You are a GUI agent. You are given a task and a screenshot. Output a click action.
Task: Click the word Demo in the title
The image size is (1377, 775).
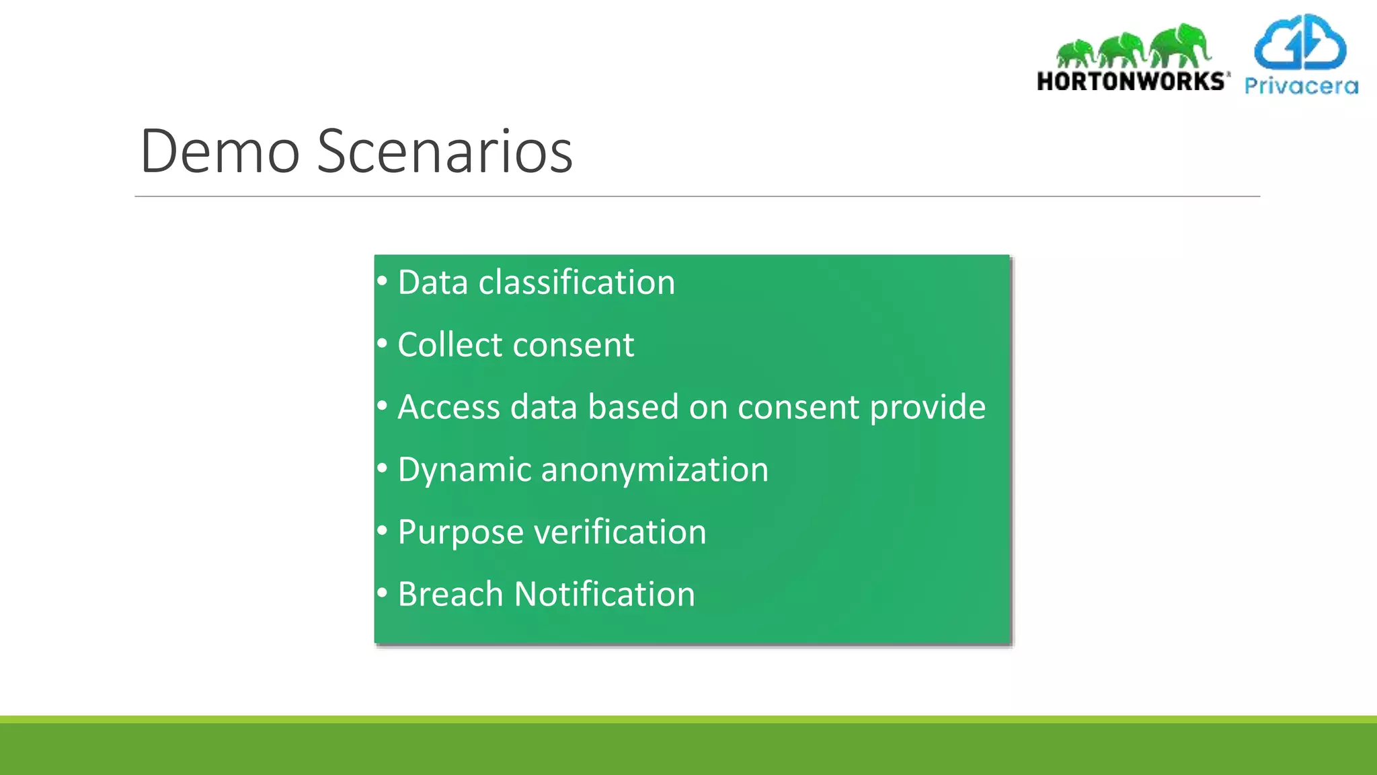tap(219, 151)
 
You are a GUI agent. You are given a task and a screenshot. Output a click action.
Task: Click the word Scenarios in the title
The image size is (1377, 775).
tap(444, 151)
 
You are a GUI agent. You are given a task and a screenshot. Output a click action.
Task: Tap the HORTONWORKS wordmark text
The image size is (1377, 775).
tap(1132, 81)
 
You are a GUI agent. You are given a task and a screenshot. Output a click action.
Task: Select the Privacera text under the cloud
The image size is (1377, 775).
tap(1301, 86)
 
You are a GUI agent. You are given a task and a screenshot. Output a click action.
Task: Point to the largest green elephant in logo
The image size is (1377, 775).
tap(1180, 46)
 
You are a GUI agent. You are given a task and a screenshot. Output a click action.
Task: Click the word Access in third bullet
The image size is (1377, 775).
tap(449, 408)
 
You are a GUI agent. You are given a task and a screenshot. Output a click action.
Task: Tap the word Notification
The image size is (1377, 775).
tap(604, 595)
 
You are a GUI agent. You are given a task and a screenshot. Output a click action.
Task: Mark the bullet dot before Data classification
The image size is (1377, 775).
tap(382, 281)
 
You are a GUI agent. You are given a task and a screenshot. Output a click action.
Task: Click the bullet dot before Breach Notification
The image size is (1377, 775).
tap(382, 593)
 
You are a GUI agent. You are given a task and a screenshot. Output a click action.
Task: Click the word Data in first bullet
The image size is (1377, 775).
tap(432, 282)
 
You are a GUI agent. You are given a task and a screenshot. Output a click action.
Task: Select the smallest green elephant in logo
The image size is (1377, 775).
tap(1075, 52)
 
